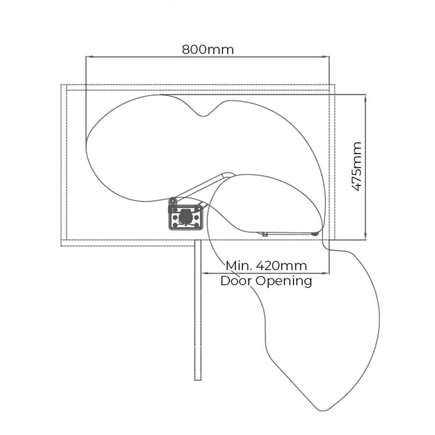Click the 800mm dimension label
pyautogui.click(x=208, y=50)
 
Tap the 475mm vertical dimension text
pyautogui.click(x=357, y=166)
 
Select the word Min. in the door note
pyautogui.click(x=238, y=266)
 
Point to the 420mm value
pyautogui.click(x=281, y=266)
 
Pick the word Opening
pyautogui.click(x=284, y=281)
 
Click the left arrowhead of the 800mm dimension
pyautogui.click(x=89, y=57)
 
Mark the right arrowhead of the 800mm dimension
pyautogui.click(x=326, y=57)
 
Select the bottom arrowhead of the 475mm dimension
pyautogui.click(x=365, y=236)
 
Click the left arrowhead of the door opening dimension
pyautogui.click(x=205, y=273)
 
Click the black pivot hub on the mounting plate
pyautogui.click(x=185, y=216)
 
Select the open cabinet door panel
pyautogui.click(x=197, y=310)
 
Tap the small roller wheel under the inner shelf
pyautogui.click(x=315, y=234)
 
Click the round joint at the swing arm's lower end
pyautogui.click(x=174, y=201)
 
